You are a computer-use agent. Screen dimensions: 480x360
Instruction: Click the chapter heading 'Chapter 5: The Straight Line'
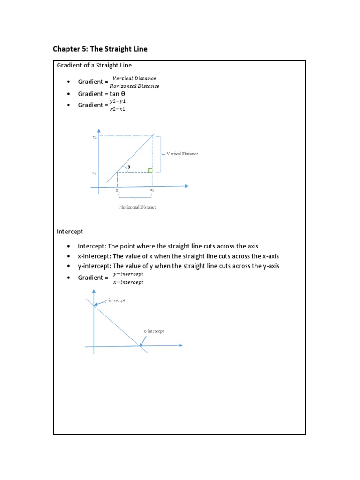(100, 49)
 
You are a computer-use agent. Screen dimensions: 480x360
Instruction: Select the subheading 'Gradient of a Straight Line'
(94, 65)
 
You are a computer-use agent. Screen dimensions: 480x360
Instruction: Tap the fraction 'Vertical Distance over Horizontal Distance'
(135, 82)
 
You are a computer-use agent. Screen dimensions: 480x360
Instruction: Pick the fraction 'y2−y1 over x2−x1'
(117, 105)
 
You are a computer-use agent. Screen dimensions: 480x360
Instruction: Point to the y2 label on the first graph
(94, 137)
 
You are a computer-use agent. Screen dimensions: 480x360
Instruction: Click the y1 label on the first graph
(94, 173)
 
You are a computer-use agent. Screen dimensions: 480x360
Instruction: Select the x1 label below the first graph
(117, 191)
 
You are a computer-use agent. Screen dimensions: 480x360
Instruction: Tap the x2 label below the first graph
(152, 191)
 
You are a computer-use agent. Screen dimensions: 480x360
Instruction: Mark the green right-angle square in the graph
(150, 170)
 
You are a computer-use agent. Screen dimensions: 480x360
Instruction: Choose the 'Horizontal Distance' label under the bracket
(137, 207)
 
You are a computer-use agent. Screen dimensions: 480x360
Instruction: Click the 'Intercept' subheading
(70, 232)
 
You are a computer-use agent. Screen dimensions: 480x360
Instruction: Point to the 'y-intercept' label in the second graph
(115, 300)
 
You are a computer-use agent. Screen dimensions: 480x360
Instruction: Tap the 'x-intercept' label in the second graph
(154, 331)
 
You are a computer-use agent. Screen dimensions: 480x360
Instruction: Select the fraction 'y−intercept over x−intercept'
(128, 277)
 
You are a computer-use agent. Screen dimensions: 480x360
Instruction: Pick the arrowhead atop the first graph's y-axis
(99, 129)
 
